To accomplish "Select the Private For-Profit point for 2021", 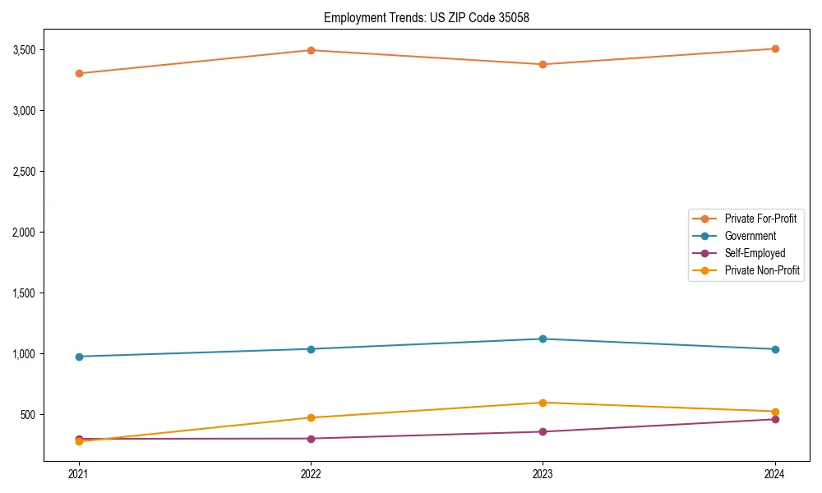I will (79, 73).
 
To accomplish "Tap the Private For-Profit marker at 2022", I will (311, 50).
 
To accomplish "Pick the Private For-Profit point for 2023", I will (543, 64).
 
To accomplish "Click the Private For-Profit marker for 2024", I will (774, 48).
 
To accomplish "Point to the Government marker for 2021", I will (79, 357).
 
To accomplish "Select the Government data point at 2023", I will (543, 339).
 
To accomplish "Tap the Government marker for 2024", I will (774, 349).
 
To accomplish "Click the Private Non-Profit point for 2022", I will (311, 417).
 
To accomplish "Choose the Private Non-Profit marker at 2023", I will (543, 403).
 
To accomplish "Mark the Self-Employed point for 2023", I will (543, 431).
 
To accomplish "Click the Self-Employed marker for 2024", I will (774, 419).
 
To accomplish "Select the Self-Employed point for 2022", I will (311, 438).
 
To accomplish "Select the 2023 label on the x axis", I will (543, 473).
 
